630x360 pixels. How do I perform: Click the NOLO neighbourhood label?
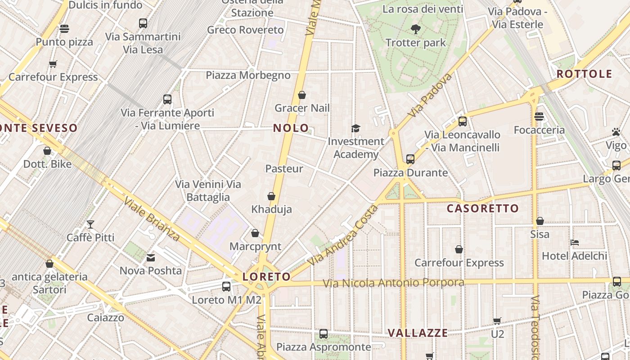(x=291, y=128)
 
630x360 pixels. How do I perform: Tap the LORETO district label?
(x=266, y=276)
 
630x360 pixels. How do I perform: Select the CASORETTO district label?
(x=483, y=208)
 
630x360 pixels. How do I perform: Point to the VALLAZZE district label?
(x=418, y=333)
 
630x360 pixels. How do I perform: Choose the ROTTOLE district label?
(x=585, y=74)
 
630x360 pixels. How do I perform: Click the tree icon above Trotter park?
(x=415, y=29)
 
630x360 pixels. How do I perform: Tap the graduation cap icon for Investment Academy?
(x=355, y=129)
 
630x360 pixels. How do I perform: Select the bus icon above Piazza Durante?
(x=410, y=159)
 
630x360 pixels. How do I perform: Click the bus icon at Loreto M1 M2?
(x=226, y=286)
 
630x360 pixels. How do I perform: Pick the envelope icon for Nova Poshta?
(x=150, y=258)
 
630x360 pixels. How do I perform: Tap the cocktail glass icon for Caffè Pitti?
(x=90, y=224)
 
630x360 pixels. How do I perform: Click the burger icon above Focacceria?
(x=539, y=117)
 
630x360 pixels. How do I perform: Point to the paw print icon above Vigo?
(x=616, y=132)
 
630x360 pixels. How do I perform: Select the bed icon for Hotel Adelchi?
(x=574, y=243)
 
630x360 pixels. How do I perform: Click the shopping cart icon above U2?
(x=497, y=321)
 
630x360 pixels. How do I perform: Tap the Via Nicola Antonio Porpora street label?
(x=393, y=283)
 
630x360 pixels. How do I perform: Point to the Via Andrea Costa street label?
(x=342, y=235)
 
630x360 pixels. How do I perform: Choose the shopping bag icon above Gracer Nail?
(x=302, y=95)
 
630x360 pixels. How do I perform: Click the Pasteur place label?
(x=284, y=169)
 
